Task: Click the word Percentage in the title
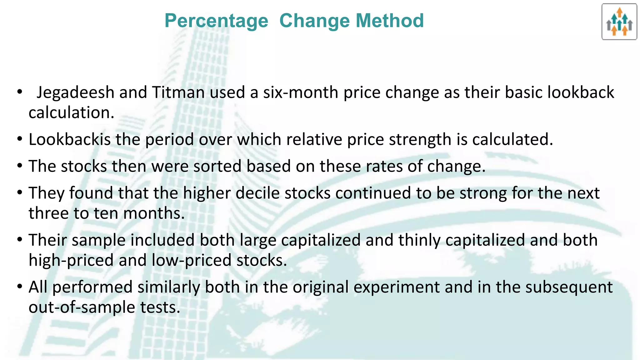216,21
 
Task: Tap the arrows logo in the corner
619,22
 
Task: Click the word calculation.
71,112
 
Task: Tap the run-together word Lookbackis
70,139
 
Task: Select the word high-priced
71,260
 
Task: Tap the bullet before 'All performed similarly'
20,287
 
